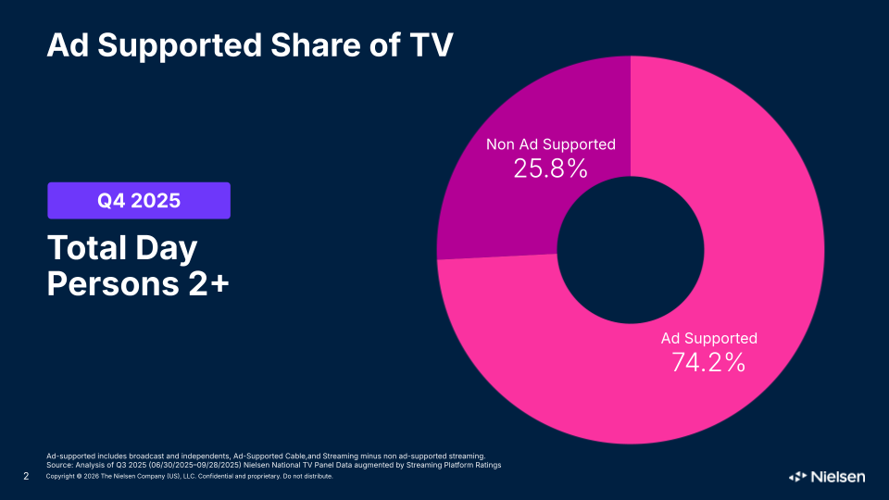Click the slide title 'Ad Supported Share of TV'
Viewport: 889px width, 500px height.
click(250, 44)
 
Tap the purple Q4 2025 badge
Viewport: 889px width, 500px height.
click(139, 200)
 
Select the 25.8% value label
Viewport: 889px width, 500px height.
click(550, 169)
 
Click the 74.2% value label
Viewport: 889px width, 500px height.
click(708, 363)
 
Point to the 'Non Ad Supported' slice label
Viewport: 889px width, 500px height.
click(550, 144)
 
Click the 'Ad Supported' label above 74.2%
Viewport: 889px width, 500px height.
click(708, 339)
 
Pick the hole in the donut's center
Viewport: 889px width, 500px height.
click(630, 250)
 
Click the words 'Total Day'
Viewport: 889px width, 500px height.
click(122, 249)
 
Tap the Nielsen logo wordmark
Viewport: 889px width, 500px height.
click(838, 477)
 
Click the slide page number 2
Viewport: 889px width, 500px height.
click(25, 477)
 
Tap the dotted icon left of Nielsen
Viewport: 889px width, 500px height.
click(797, 477)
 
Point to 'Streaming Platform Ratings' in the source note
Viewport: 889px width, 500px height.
click(454, 465)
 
